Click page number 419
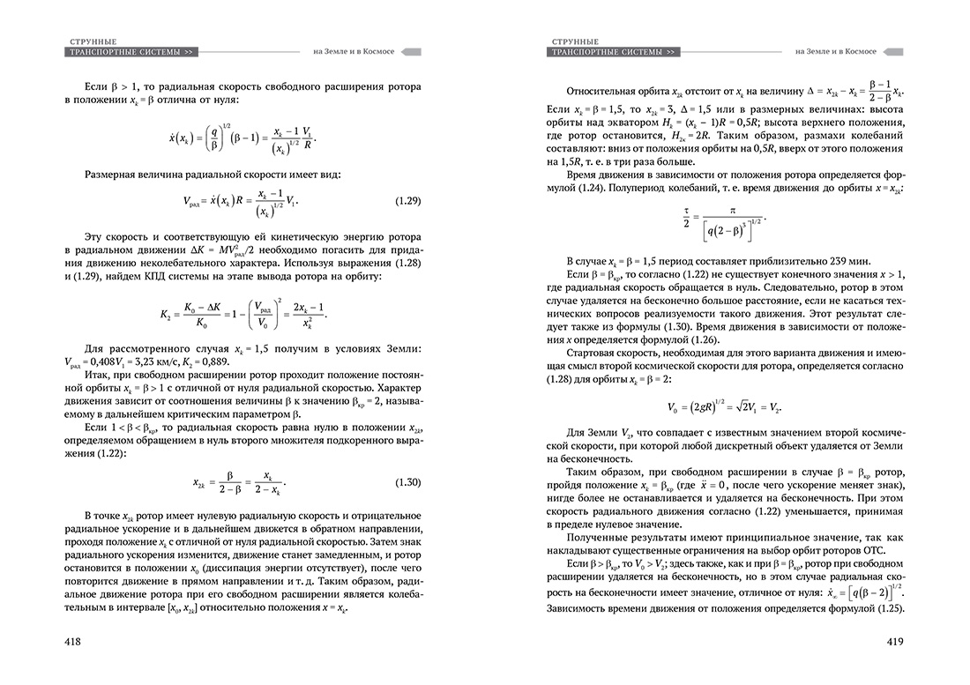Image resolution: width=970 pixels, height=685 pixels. [901, 642]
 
